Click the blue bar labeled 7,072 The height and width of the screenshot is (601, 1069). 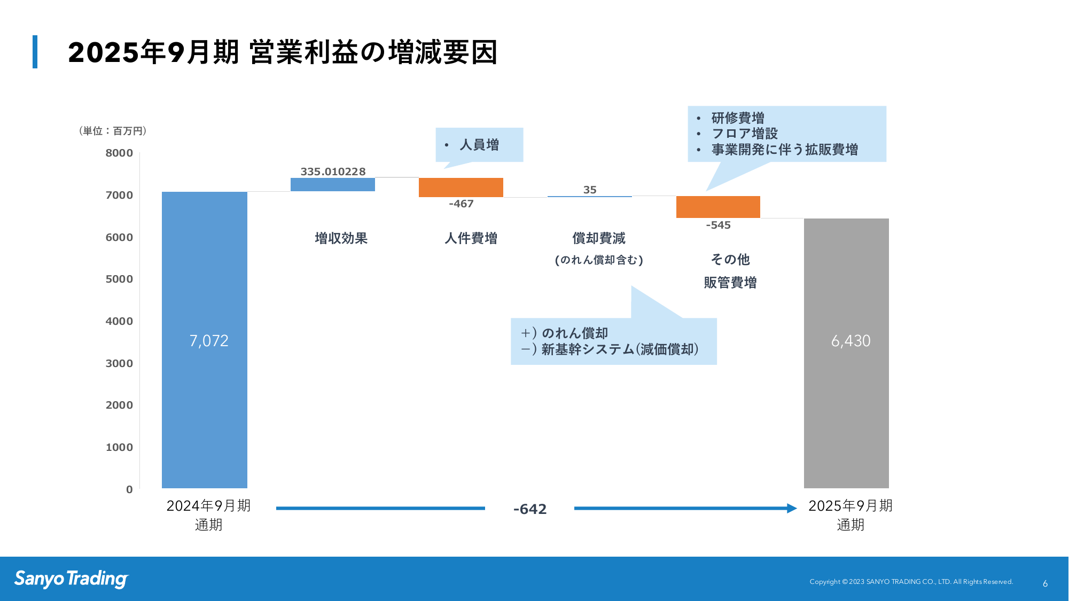[x=205, y=340]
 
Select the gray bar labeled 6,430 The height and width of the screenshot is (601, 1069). [x=846, y=353]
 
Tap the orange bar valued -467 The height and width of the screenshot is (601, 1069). [x=461, y=188]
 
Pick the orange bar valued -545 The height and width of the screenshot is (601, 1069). [x=718, y=207]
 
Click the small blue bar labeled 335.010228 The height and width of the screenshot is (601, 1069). [x=333, y=184]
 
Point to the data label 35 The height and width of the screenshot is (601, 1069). [x=590, y=190]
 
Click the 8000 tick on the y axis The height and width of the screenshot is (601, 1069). [x=119, y=153]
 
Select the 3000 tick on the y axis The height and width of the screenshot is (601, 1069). [x=119, y=363]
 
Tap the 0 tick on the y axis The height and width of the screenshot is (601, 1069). [x=129, y=489]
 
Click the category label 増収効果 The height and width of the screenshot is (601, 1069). [x=341, y=238]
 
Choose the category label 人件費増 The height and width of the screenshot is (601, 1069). [x=471, y=238]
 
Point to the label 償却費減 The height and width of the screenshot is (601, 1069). [x=599, y=238]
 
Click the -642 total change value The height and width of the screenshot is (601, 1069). [x=530, y=509]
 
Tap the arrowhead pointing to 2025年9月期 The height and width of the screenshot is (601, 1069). [x=792, y=508]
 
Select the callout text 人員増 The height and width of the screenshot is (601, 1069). [x=479, y=145]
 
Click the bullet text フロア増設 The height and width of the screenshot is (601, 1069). [x=745, y=134]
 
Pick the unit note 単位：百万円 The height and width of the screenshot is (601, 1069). [x=113, y=131]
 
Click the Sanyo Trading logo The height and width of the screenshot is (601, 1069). [x=72, y=579]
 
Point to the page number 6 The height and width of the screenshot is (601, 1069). [x=1045, y=584]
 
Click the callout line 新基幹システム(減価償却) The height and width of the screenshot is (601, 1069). [x=620, y=349]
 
